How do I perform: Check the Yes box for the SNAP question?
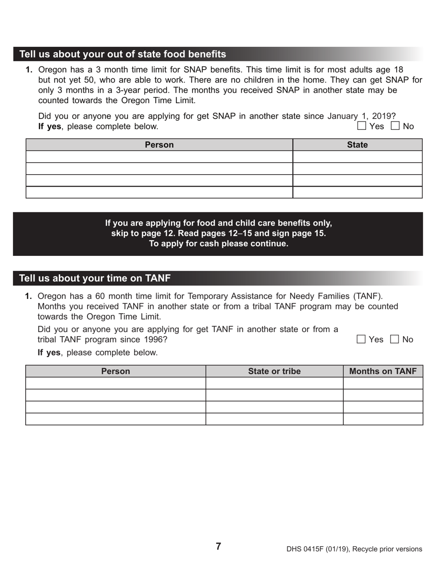point(362,126)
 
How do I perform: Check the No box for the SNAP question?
point(395,126)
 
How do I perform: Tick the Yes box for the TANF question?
point(361,339)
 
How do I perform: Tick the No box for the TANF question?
point(395,339)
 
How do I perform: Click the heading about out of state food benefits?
point(123,54)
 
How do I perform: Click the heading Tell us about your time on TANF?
point(95,278)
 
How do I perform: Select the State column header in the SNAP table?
point(357,145)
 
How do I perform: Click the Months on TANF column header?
point(383,371)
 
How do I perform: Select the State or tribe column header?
point(274,371)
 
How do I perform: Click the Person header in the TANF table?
point(115,371)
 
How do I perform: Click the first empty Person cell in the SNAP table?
point(159,157)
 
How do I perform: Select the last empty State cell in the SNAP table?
point(357,192)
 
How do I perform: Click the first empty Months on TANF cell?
point(383,383)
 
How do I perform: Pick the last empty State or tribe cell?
point(274,419)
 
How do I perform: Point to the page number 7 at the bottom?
point(218,546)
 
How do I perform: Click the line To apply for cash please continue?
point(218,243)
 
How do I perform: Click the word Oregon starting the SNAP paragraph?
point(52,70)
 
